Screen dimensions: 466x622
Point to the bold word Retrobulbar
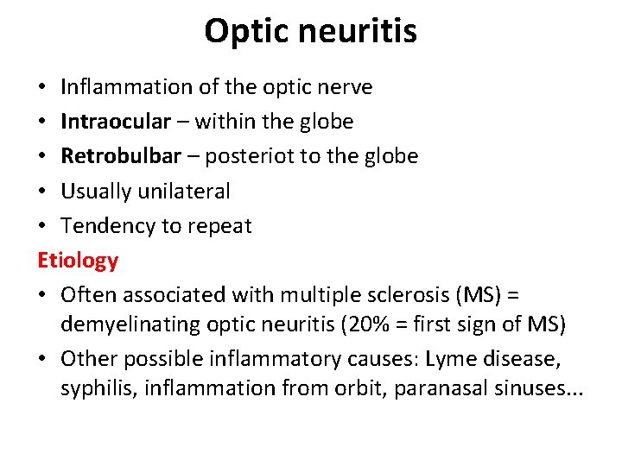click(x=121, y=156)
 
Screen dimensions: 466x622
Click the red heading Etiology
click(x=78, y=260)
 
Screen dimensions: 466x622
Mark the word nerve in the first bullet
click(x=344, y=87)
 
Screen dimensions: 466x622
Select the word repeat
click(x=221, y=226)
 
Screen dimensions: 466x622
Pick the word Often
click(x=89, y=294)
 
